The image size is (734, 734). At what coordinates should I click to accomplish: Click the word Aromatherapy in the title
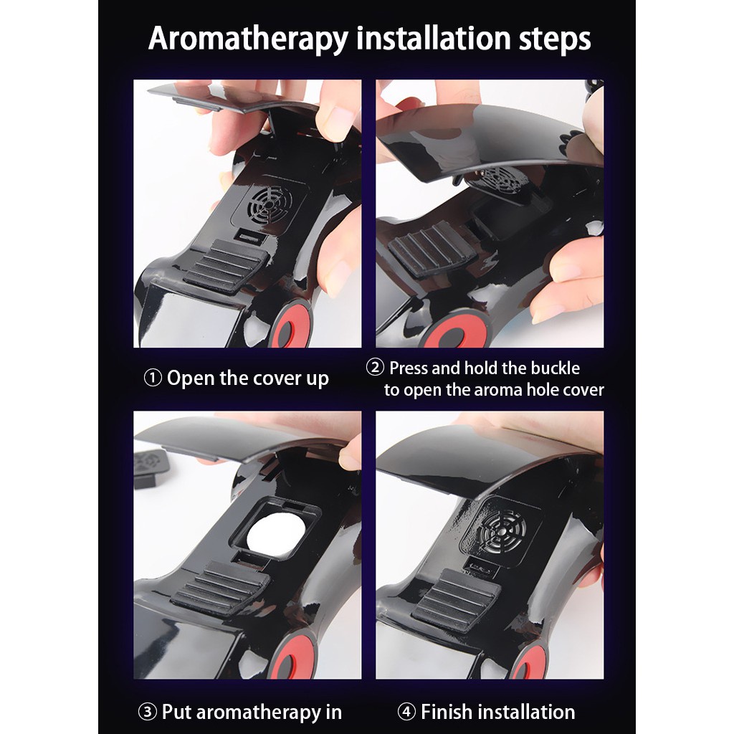249,39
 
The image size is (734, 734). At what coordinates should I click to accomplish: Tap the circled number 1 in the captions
153,378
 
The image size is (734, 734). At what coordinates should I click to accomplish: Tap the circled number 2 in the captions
375,368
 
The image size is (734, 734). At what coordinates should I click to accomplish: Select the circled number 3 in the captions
147,712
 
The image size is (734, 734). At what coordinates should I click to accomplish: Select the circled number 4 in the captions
406,712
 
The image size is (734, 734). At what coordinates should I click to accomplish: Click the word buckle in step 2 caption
556,368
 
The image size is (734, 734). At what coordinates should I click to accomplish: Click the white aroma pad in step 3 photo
277,534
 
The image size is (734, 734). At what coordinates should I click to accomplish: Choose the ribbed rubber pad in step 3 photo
221,588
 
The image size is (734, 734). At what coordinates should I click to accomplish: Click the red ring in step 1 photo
291,325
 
